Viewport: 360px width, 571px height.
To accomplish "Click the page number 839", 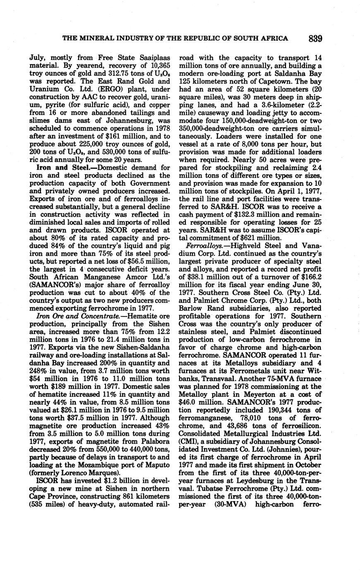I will coord(315,39).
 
